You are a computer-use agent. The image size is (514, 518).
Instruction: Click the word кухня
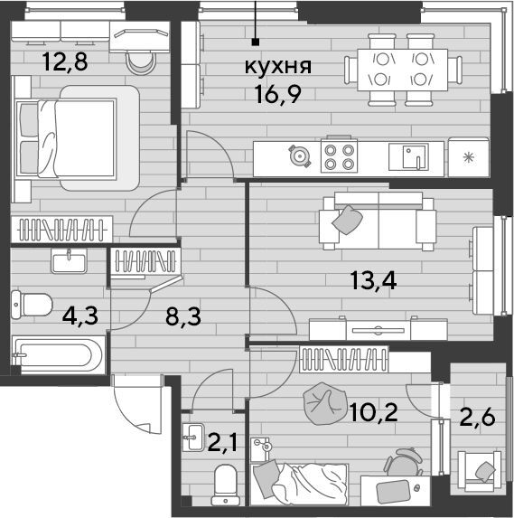[278, 67]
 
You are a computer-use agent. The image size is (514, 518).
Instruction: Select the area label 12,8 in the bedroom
[65, 61]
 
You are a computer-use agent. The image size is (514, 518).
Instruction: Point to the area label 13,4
[373, 280]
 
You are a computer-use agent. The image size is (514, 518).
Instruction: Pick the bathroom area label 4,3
[80, 316]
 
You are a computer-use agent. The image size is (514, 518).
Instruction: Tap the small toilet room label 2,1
[222, 443]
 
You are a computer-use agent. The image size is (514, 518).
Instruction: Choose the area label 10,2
[373, 412]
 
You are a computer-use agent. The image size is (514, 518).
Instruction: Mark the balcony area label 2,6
[477, 417]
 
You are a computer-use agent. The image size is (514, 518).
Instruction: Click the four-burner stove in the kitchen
[339, 155]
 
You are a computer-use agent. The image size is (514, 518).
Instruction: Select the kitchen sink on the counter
[408, 157]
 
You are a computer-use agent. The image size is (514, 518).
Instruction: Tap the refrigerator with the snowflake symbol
[469, 157]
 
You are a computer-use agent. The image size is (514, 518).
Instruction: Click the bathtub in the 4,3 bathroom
[59, 355]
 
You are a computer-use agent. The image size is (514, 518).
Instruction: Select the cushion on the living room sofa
[347, 220]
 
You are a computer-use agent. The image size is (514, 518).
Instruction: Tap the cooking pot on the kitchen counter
[300, 155]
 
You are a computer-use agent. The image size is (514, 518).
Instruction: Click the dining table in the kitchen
[403, 70]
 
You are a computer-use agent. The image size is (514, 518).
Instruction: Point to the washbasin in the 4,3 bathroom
[69, 261]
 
